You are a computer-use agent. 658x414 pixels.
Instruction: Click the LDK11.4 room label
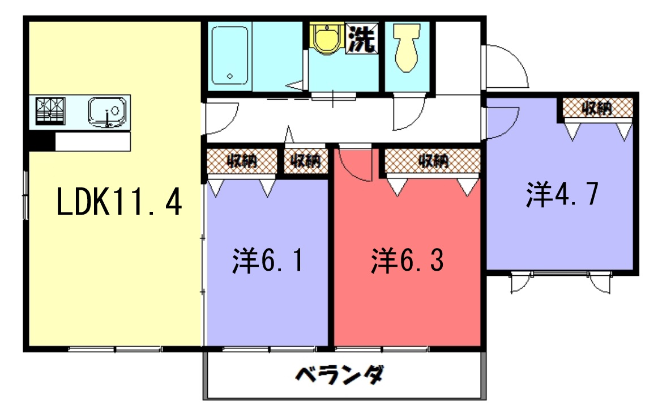[x=119, y=202]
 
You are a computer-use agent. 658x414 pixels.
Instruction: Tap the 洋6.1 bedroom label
[x=267, y=261]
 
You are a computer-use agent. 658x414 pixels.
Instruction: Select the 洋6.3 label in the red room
[x=407, y=261]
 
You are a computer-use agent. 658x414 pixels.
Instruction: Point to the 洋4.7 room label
[x=562, y=194]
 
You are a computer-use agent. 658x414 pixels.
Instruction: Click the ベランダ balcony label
[x=340, y=374]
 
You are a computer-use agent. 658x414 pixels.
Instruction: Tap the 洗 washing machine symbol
[x=361, y=39]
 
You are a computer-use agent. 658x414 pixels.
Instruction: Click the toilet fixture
[x=407, y=47]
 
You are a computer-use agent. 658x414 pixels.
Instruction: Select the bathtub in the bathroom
[x=229, y=56]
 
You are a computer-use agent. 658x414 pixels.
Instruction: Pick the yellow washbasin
[x=327, y=39]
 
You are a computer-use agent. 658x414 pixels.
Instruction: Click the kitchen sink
[x=108, y=113]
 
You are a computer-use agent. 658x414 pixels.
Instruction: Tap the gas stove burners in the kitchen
[x=50, y=111]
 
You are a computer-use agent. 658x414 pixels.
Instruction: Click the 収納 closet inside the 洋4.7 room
[x=597, y=108]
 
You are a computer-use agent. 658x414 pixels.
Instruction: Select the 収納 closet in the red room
[x=433, y=160]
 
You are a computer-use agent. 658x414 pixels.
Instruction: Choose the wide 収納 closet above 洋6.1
[x=242, y=161]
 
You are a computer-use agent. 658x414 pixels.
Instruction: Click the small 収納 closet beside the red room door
[x=306, y=160]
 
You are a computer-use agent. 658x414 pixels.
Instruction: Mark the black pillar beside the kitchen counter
[x=42, y=142]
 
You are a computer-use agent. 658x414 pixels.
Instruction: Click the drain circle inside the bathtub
[x=229, y=76]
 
